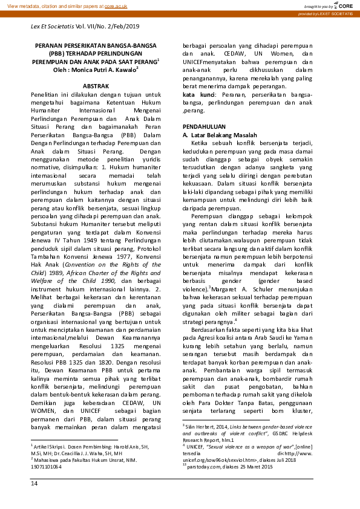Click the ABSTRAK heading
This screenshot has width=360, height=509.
(96, 86)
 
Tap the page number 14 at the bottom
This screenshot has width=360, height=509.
(34, 500)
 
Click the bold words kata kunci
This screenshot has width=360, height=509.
(196, 95)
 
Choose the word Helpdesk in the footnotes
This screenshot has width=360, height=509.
(299, 449)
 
